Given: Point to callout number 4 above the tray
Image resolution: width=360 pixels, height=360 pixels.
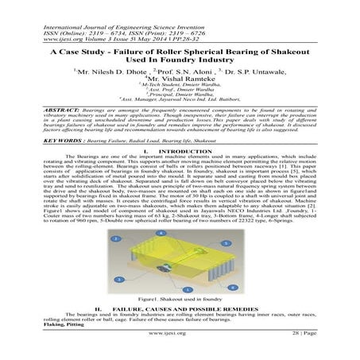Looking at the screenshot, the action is [161, 232].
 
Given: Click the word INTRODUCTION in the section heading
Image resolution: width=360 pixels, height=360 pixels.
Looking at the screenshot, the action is [184, 150].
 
